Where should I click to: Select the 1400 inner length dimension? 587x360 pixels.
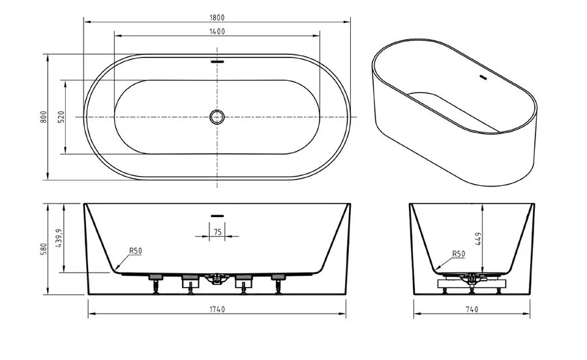click(217, 31)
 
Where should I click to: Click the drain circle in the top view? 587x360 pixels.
click(217, 117)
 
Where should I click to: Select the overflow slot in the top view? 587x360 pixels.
click(217, 63)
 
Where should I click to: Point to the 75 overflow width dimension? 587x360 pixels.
click(217, 232)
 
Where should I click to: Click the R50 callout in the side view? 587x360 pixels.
click(136, 250)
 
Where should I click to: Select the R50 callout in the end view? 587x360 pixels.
click(459, 254)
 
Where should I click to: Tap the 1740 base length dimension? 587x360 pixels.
click(217, 309)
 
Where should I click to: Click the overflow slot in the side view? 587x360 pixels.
click(217, 214)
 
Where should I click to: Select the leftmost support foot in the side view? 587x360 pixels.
click(156, 283)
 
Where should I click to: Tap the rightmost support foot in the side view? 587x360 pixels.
click(278, 283)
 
